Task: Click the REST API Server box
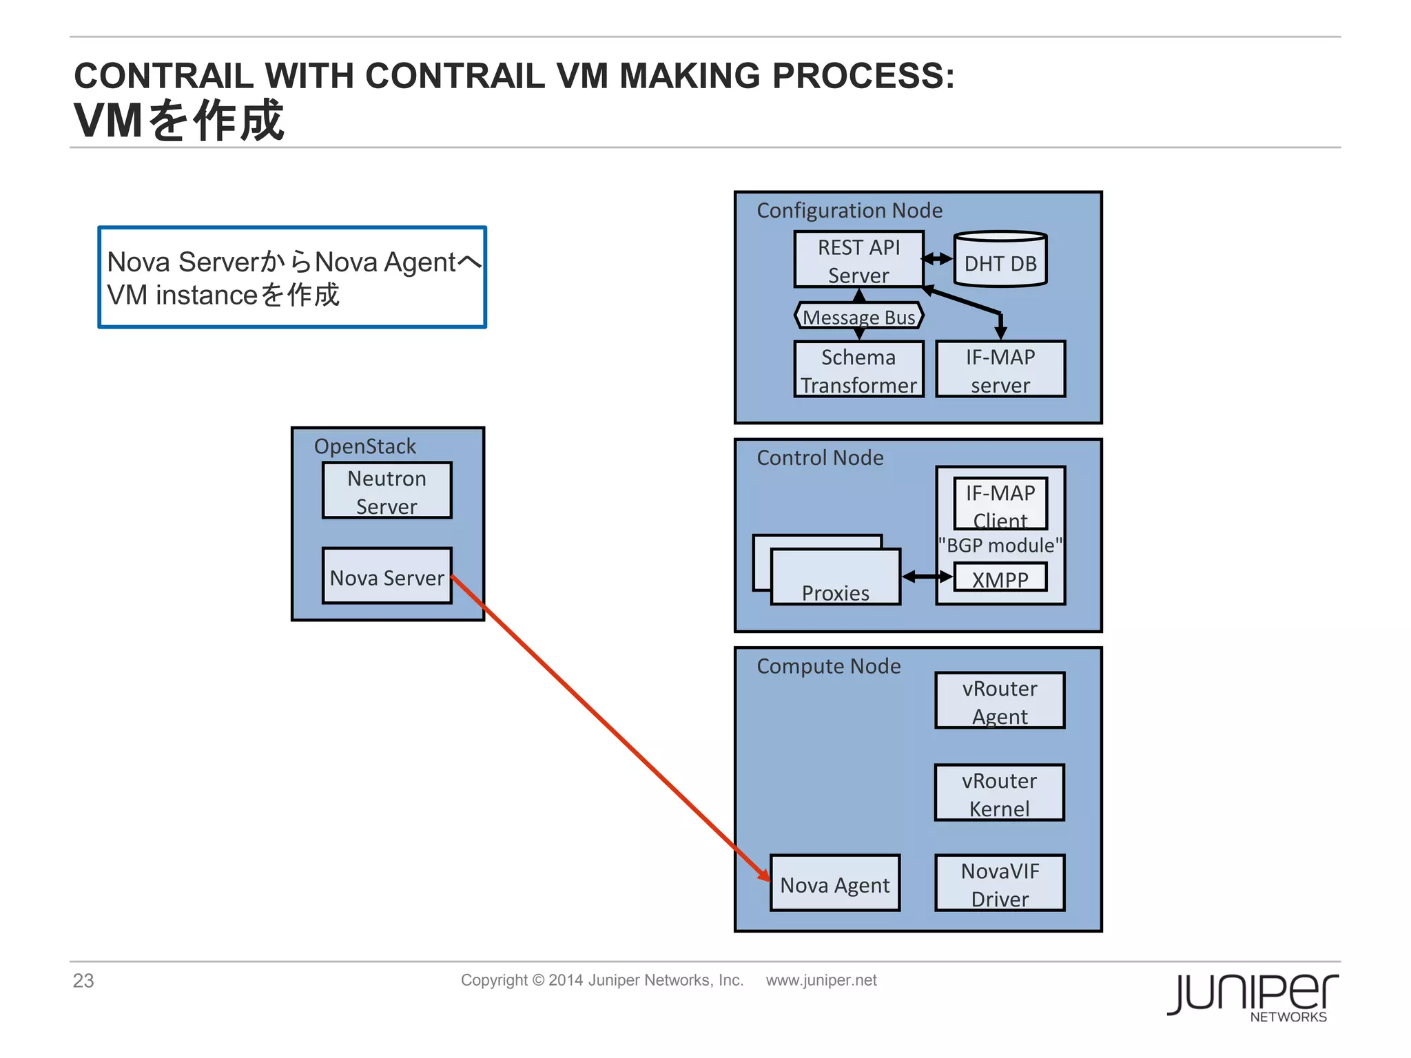point(858,260)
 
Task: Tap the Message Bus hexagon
point(858,317)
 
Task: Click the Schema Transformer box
point(858,370)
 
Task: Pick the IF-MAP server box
point(1000,370)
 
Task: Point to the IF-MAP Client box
point(1000,504)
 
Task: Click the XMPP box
point(1000,578)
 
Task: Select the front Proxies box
point(835,578)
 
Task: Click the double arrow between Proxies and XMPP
point(927,577)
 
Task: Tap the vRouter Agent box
point(999,701)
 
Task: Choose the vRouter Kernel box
point(999,793)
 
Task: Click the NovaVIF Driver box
point(999,884)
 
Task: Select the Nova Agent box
point(834,884)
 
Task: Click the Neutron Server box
point(387,491)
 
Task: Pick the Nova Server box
point(387,577)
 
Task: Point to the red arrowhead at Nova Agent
point(763,874)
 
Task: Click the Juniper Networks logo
point(1252,997)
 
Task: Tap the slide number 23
point(83,981)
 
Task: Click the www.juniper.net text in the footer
point(821,980)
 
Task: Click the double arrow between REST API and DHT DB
point(938,259)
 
